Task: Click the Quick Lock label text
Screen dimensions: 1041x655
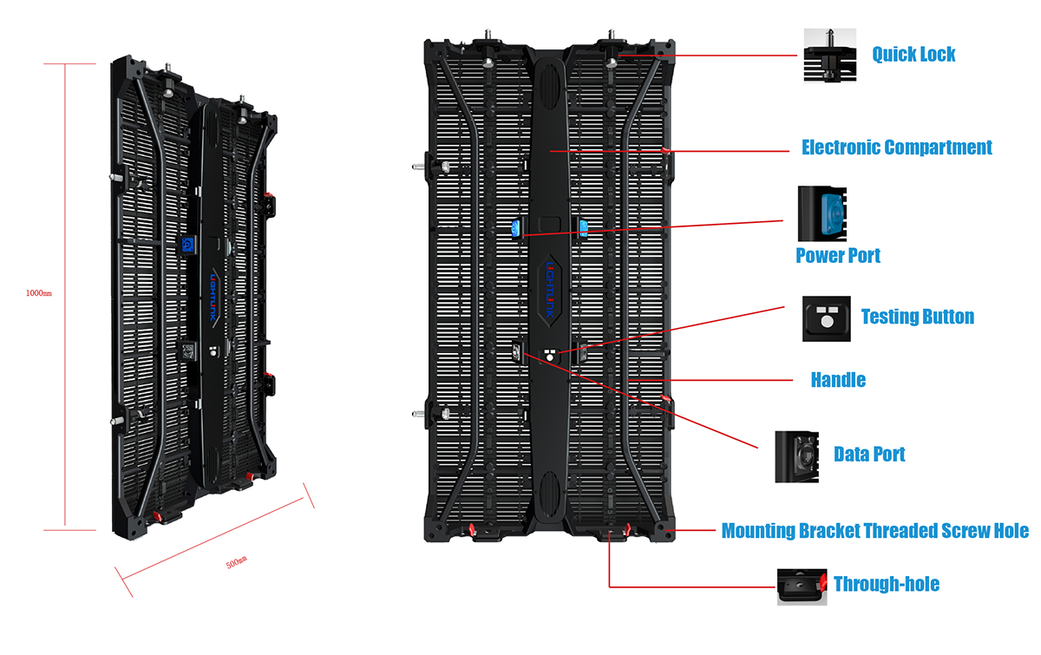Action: tap(913, 55)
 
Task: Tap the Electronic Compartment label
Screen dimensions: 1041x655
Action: tap(896, 147)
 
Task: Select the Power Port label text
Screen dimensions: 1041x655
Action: tap(838, 256)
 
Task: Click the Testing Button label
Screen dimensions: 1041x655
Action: tap(918, 317)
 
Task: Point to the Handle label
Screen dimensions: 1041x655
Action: tap(838, 380)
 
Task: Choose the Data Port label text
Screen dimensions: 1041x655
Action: tap(869, 455)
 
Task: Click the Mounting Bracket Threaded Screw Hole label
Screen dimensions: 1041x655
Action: tap(875, 530)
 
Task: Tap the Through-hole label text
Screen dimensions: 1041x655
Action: tap(887, 584)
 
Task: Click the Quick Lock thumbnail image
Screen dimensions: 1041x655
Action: tap(830, 55)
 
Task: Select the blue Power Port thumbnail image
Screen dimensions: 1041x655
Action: tap(822, 213)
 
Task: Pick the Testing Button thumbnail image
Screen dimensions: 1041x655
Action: tap(826, 318)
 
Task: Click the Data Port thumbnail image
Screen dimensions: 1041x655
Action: tap(796, 457)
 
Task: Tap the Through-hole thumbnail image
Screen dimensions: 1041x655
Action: tap(802, 586)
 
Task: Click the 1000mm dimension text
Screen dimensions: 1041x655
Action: tap(38, 293)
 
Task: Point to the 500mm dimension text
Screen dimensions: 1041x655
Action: tap(237, 562)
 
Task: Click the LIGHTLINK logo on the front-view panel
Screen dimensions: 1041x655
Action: tap(550, 290)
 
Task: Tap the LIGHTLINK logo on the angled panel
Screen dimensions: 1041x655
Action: tap(213, 297)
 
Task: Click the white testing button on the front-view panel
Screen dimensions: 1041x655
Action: tap(550, 356)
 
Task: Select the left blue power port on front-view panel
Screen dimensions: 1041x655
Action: tap(516, 229)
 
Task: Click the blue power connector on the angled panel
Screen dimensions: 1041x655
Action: tap(187, 245)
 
